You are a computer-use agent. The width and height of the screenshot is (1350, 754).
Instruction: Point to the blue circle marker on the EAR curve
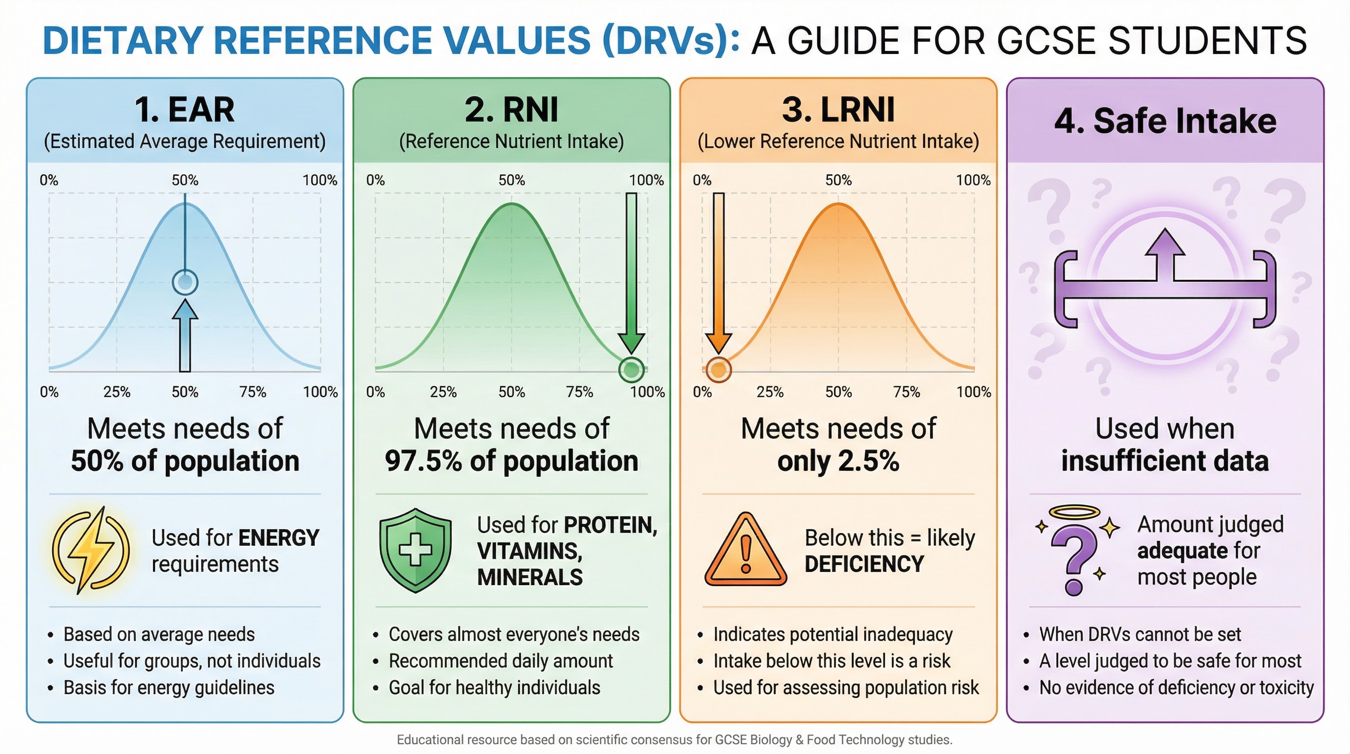click(185, 282)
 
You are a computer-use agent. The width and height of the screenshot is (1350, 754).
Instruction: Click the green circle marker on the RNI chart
click(631, 370)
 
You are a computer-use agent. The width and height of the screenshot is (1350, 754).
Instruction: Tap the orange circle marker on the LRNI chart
click(718, 370)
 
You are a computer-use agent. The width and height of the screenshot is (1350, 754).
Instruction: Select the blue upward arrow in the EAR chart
click(185, 336)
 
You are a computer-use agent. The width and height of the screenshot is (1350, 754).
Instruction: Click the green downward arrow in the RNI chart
click(631, 272)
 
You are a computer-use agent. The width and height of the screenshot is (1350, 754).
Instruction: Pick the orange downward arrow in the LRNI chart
click(719, 272)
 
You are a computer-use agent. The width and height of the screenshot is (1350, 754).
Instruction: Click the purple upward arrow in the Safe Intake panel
click(1165, 252)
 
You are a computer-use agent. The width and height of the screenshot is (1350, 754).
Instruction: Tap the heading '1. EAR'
click(184, 109)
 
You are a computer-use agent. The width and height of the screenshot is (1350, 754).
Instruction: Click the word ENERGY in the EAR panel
click(278, 538)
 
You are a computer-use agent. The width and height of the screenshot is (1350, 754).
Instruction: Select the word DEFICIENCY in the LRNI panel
click(864, 564)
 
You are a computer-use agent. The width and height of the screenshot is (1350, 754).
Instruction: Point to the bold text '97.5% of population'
click(512, 461)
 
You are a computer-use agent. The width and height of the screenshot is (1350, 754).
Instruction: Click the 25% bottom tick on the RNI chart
click(443, 392)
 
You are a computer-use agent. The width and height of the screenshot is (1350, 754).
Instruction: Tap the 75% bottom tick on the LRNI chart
click(906, 392)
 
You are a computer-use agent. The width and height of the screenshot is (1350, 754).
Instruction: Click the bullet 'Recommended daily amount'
click(500, 661)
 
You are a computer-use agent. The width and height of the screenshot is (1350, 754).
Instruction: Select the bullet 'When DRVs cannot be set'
click(1140, 634)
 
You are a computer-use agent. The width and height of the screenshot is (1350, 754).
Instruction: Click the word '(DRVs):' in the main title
click(671, 41)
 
